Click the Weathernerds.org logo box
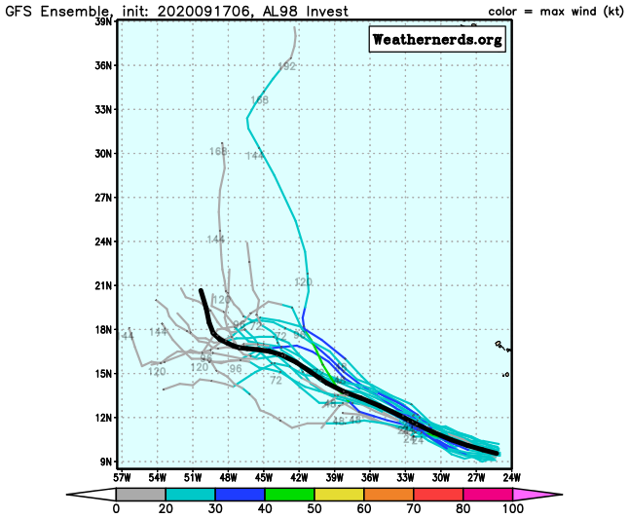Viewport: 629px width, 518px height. click(x=437, y=40)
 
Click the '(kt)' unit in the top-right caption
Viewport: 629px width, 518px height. click(x=610, y=12)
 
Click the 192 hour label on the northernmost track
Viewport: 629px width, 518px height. click(x=286, y=66)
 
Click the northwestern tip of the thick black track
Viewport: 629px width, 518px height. click(x=201, y=290)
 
